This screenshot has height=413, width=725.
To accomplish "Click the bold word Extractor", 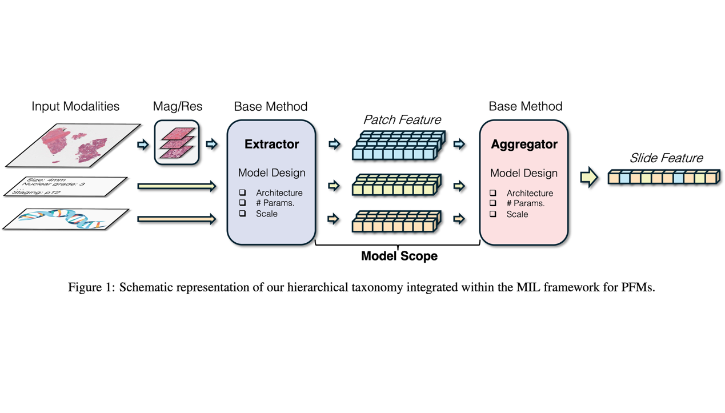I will (271, 145).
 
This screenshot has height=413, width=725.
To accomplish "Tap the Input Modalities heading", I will (75, 107).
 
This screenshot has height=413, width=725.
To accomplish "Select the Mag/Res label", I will (177, 107).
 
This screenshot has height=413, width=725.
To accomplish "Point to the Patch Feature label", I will (402, 120).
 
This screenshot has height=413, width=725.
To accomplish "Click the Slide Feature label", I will (666, 158).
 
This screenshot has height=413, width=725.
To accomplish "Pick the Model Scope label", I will (399, 256).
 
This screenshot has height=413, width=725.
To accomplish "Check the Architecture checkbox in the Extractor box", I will (243, 193).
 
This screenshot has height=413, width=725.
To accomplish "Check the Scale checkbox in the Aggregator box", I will (493, 214).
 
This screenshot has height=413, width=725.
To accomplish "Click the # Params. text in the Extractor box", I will (275, 203).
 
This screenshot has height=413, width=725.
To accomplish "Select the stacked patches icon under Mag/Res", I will (177, 143).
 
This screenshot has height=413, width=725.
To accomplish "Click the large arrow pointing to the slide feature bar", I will (588, 177).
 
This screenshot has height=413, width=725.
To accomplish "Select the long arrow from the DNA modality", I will (177, 219).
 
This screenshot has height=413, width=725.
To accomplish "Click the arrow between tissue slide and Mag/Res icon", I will (143, 145).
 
